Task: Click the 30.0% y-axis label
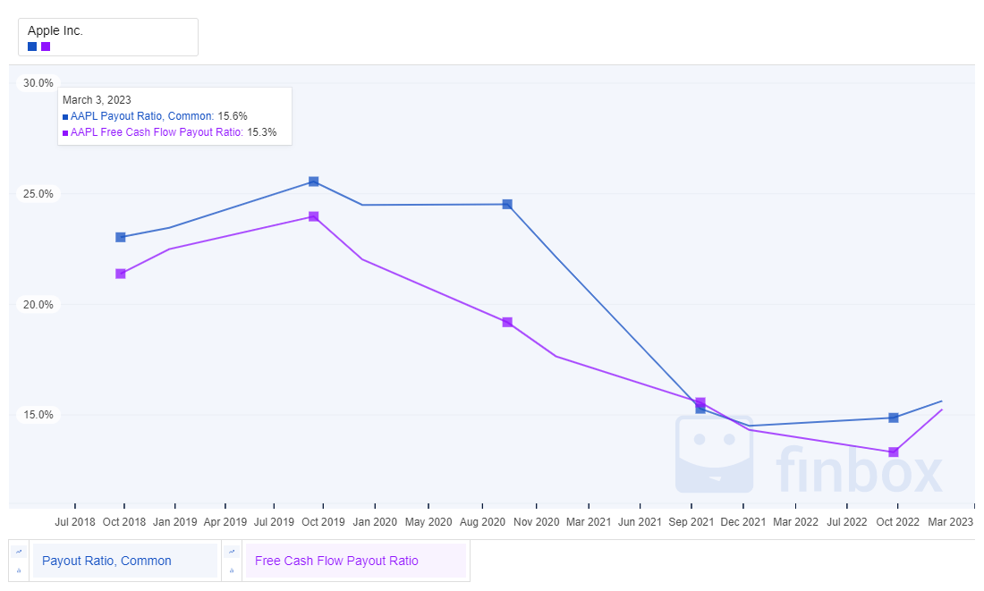pos(38,83)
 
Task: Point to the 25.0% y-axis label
pos(38,194)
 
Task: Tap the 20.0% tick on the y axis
pos(38,305)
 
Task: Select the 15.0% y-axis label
pos(38,415)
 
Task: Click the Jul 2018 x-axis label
pos(75,521)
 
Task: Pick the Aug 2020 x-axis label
pos(481,521)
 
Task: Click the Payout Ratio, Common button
pos(125,561)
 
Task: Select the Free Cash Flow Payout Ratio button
pos(355,561)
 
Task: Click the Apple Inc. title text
pos(55,30)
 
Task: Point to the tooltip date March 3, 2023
pos(97,100)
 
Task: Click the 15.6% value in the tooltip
pos(233,116)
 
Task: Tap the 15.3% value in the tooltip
pos(261,132)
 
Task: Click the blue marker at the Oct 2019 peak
pos(314,182)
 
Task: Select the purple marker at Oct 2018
pos(121,274)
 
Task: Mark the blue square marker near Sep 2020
pos(507,204)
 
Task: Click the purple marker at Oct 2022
pos(893,452)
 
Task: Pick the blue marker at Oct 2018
pos(121,237)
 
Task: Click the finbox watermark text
pos(859,469)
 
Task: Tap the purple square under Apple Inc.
pos(46,46)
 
